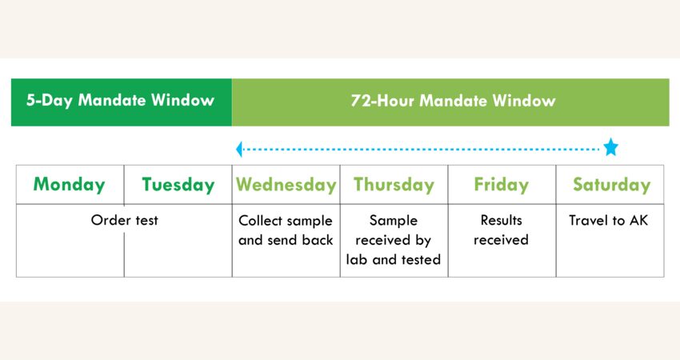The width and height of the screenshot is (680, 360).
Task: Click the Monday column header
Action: click(70, 184)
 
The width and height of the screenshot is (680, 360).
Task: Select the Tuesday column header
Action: click(178, 185)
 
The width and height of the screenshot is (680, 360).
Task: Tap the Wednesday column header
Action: click(286, 185)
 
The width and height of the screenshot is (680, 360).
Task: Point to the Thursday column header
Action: click(394, 185)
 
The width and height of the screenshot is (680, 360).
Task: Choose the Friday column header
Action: click(502, 185)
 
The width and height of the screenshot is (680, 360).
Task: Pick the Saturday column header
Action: click(611, 185)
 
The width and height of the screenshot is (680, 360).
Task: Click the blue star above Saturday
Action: click(610, 147)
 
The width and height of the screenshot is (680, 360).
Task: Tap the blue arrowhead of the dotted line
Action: click(239, 150)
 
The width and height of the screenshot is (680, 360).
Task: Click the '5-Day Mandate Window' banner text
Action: click(120, 100)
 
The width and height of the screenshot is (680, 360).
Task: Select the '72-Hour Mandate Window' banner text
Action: click(453, 101)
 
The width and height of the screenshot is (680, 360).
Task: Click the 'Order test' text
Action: click(125, 220)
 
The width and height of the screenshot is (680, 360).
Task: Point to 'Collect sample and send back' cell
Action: click(286, 230)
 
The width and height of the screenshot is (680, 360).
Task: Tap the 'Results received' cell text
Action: click(502, 230)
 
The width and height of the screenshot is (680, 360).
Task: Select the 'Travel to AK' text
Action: click(609, 220)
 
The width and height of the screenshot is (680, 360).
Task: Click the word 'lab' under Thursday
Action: click(356, 259)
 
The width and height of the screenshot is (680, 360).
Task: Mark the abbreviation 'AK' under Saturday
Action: click(639, 220)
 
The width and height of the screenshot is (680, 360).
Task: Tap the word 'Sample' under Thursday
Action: click(394, 221)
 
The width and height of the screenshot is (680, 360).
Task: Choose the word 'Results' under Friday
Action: click(502, 220)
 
